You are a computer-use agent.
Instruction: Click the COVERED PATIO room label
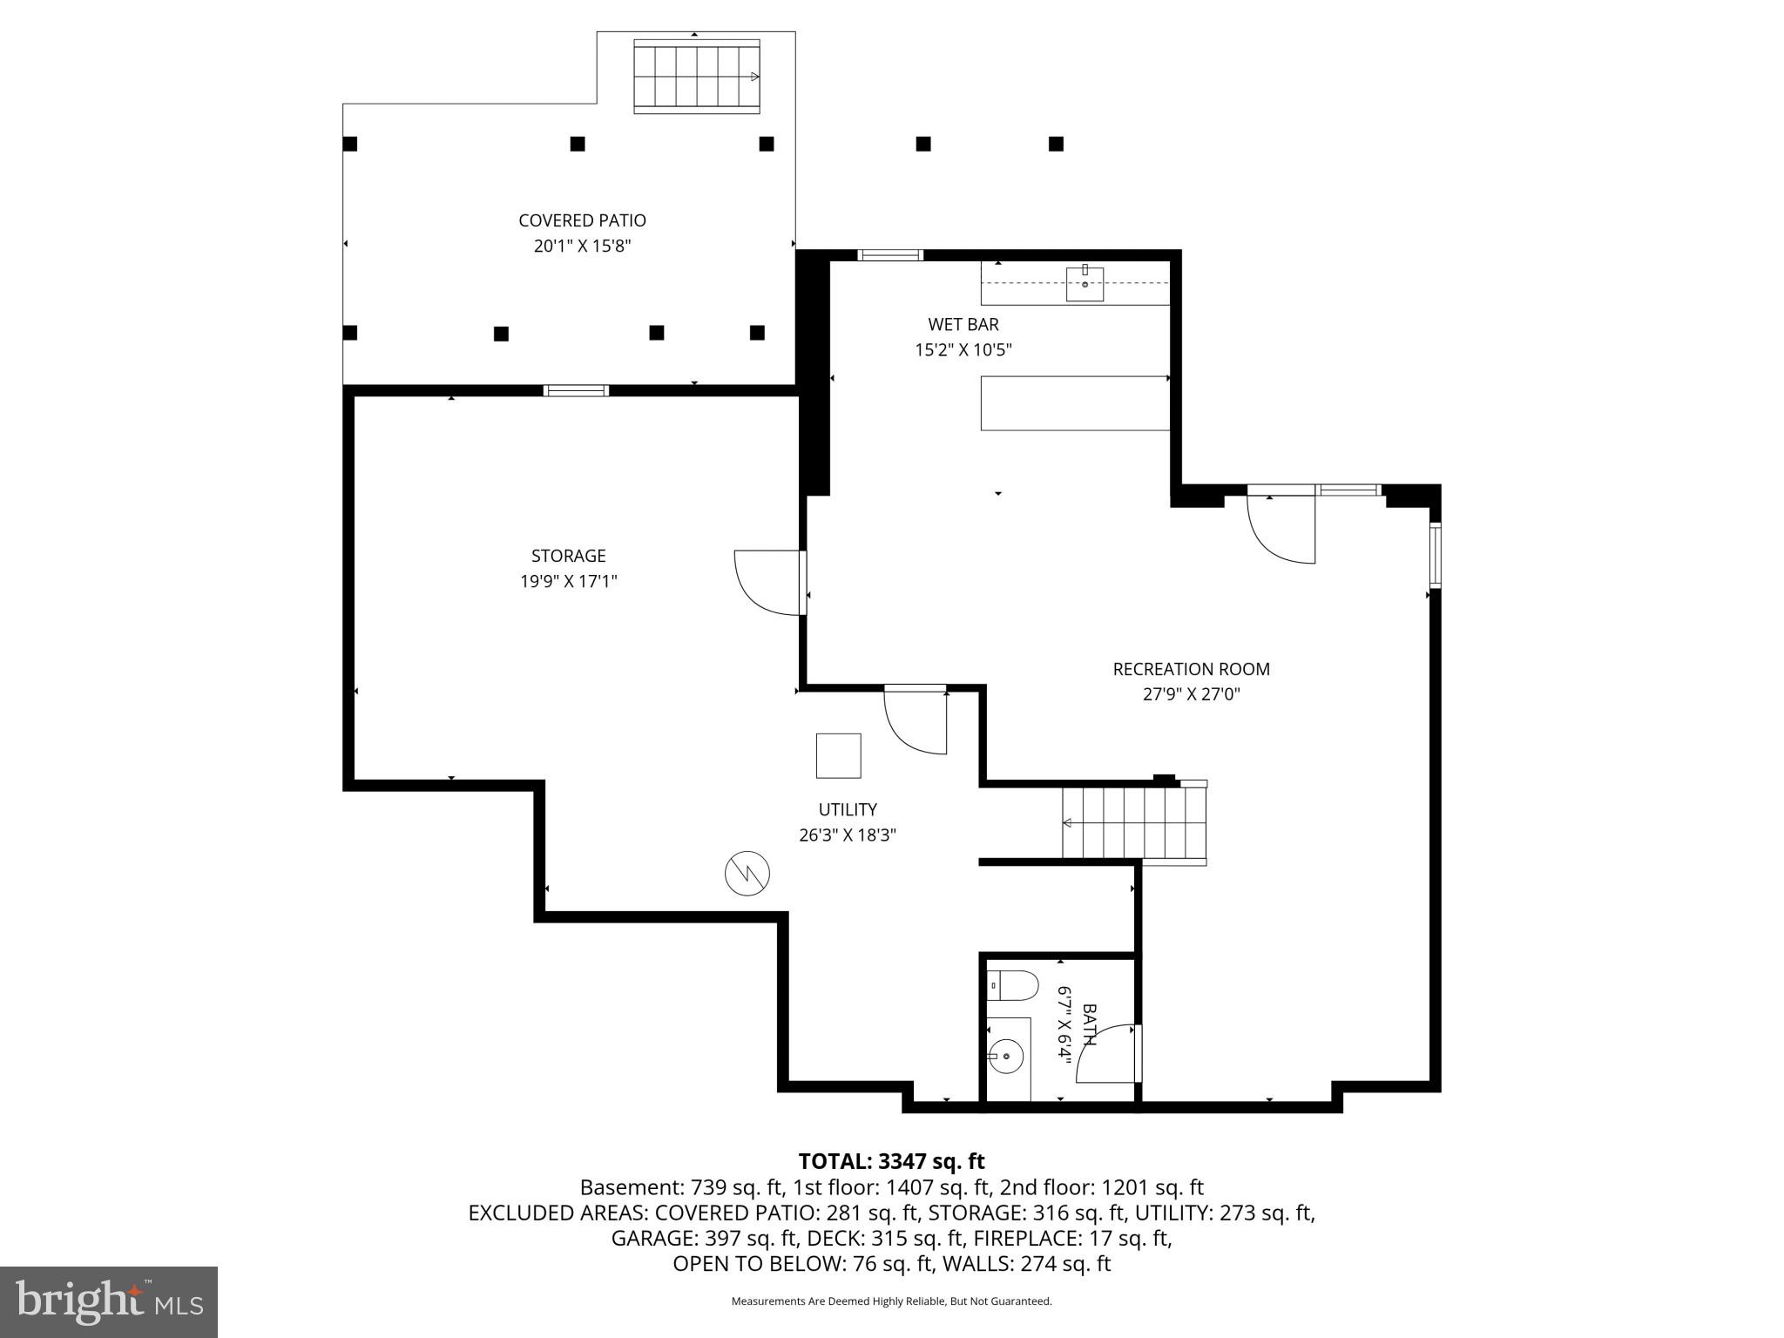click(582, 220)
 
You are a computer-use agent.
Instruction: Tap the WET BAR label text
click(963, 324)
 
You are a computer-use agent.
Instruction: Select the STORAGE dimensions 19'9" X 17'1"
click(568, 581)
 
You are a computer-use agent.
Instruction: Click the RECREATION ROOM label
click(1191, 669)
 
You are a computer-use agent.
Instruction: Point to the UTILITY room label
click(847, 809)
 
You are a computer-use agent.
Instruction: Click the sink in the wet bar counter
click(1085, 284)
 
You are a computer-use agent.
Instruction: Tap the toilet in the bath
click(1015, 986)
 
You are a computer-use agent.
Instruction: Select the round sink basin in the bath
click(1006, 1057)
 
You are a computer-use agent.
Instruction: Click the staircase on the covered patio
click(696, 77)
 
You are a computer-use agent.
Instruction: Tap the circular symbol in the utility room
click(747, 873)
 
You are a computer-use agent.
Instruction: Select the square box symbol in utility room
click(838, 755)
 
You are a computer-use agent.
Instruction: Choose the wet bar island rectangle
click(1075, 403)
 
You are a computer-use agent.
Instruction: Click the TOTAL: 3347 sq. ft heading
click(891, 1161)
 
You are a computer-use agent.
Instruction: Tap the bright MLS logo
click(109, 1301)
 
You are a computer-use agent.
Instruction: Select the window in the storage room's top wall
click(576, 390)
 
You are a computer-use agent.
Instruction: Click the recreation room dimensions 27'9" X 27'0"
click(1191, 694)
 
